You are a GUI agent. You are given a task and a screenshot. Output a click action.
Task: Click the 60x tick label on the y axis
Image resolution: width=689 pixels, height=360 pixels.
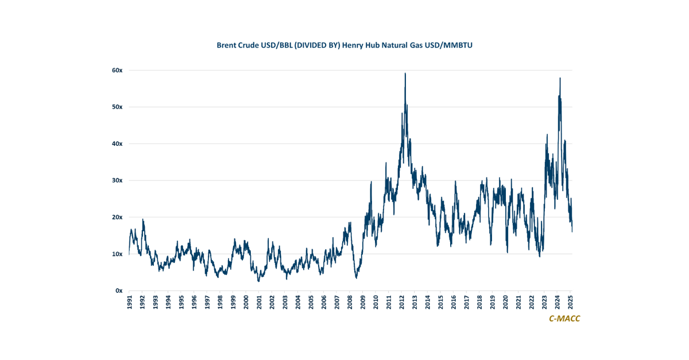click(x=117, y=70)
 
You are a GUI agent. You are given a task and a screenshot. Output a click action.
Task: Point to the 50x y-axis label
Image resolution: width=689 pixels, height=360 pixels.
click(x=117, y=107)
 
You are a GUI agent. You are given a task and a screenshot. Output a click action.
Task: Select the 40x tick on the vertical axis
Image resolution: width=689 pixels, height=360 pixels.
click(x=117, y=144)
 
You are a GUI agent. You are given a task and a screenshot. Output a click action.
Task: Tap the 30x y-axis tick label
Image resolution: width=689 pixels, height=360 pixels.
click(x=117, y=180)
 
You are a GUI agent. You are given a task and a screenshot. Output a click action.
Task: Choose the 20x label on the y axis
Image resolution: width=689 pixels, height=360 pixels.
click(x=117, y=217)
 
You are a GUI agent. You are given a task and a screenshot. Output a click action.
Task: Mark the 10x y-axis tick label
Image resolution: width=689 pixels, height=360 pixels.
click(x=117, y=254)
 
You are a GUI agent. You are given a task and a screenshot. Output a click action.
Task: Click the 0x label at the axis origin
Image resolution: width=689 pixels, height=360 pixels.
click(x=119, y=291)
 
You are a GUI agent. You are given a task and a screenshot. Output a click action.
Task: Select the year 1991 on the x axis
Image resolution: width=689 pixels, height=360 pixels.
click(x=129, y=303)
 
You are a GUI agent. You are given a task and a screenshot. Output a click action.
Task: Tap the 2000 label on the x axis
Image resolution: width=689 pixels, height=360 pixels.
click(x=246, y=303)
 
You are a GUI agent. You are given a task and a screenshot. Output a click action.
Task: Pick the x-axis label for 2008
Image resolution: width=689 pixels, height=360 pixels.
click(x=350, y=303)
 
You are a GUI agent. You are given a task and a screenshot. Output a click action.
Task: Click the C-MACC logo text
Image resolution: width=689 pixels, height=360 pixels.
click(x=564, y=319)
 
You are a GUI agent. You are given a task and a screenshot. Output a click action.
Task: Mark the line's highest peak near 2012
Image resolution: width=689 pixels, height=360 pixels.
click(x=405, y=73)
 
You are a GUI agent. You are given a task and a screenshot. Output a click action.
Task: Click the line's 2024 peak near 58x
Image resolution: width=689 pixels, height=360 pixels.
click(x=560, y=78)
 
